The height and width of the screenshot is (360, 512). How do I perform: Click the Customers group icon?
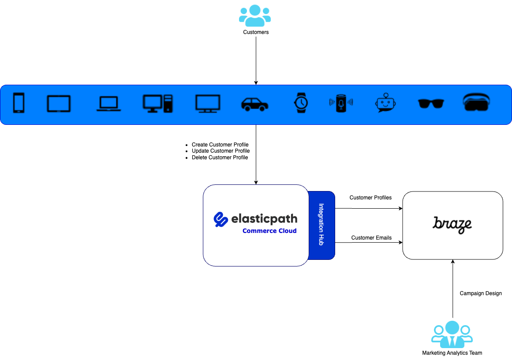click(x=255, y=16)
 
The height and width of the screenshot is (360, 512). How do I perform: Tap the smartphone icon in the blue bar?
click(x=19, y=103)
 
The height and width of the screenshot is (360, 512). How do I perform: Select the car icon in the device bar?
click(x=254, y=104)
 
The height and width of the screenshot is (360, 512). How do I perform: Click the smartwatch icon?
click(x=301, y=103)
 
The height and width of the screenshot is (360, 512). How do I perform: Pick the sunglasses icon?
click(x=431, y=104)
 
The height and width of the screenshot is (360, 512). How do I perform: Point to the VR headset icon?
click(x=477, y=102)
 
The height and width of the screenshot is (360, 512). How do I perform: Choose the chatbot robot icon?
click(x=385, y=103)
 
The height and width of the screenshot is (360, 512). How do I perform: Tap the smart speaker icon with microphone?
click(x=341, y=103)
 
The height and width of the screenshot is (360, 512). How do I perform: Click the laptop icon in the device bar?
click(x=108, y=104)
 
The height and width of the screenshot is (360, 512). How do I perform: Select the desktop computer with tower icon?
click(x=158, y=103)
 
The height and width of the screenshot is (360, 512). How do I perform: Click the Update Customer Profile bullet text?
click(x=220, y=151)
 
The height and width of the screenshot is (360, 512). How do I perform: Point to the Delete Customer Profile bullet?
click(x=220, y=157)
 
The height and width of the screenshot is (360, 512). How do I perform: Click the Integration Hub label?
click(x=321, y=225)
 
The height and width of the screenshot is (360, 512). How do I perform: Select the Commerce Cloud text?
click(x=269, y=231)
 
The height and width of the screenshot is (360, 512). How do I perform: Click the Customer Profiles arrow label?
click(x=370, y=198)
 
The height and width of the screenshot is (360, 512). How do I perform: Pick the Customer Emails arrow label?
click(x=371, y=238)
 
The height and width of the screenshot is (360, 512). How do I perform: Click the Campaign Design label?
click(x=481, y=293)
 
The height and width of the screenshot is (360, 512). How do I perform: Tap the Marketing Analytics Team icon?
click(x=452, y=334)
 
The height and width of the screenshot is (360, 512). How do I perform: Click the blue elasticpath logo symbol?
click(x=220, y=219)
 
